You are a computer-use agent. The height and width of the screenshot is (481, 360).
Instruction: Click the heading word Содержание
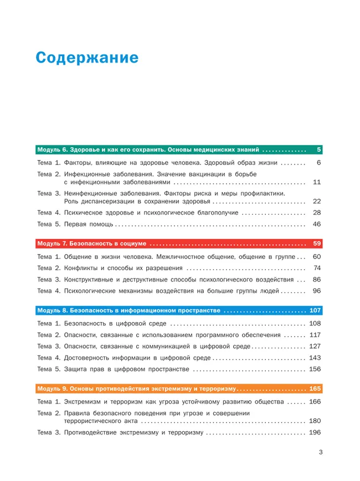(86, 59)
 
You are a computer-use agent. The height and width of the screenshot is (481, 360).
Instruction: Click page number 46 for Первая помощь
(317, 224)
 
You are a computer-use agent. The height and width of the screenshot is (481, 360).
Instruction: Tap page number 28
(317, 213)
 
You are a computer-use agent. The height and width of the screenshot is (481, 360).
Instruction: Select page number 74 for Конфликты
(317, 268)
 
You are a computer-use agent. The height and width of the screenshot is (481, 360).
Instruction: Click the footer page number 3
(320, 452)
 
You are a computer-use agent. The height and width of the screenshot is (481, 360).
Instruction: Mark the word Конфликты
(84, 268)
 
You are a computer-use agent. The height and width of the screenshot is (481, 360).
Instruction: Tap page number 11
(317, 182)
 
